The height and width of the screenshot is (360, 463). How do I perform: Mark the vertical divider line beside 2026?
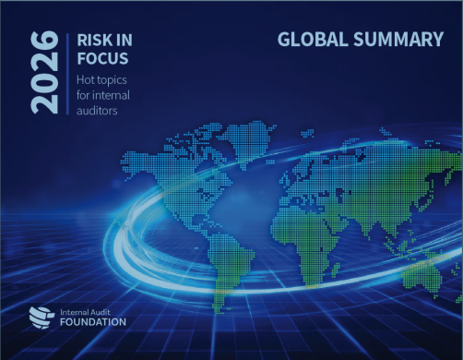coord(67,72)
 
